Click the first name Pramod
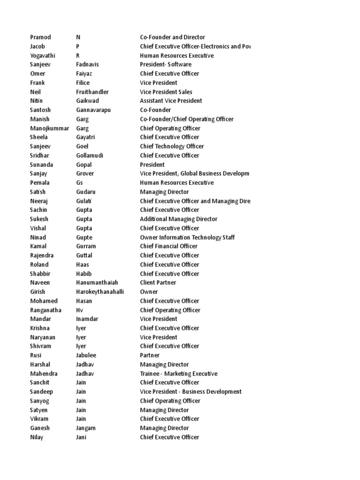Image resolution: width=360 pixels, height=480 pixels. [41, 37]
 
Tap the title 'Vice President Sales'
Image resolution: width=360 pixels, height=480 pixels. [166, 92]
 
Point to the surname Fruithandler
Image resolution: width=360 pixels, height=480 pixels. [92, 92]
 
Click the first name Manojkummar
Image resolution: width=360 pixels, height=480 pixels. [50, 128]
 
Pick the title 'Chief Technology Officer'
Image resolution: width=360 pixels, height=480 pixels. [172, 146]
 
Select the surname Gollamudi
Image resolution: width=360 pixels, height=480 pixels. [90, 155]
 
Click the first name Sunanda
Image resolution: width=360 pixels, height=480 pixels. [42, 165]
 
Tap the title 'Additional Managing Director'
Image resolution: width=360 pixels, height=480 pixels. [179, 219]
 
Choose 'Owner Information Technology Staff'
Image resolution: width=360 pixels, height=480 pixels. [187, 237]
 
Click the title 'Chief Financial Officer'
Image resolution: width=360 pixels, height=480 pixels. [169, 246]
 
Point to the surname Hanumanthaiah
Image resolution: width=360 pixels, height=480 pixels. [97, 283]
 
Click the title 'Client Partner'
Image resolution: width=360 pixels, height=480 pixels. [157, 283]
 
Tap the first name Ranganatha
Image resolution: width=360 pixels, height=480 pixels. [46, 310]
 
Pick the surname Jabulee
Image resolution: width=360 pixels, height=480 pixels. [86, 355]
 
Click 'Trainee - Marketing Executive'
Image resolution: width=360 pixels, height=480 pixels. [179, 374]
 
